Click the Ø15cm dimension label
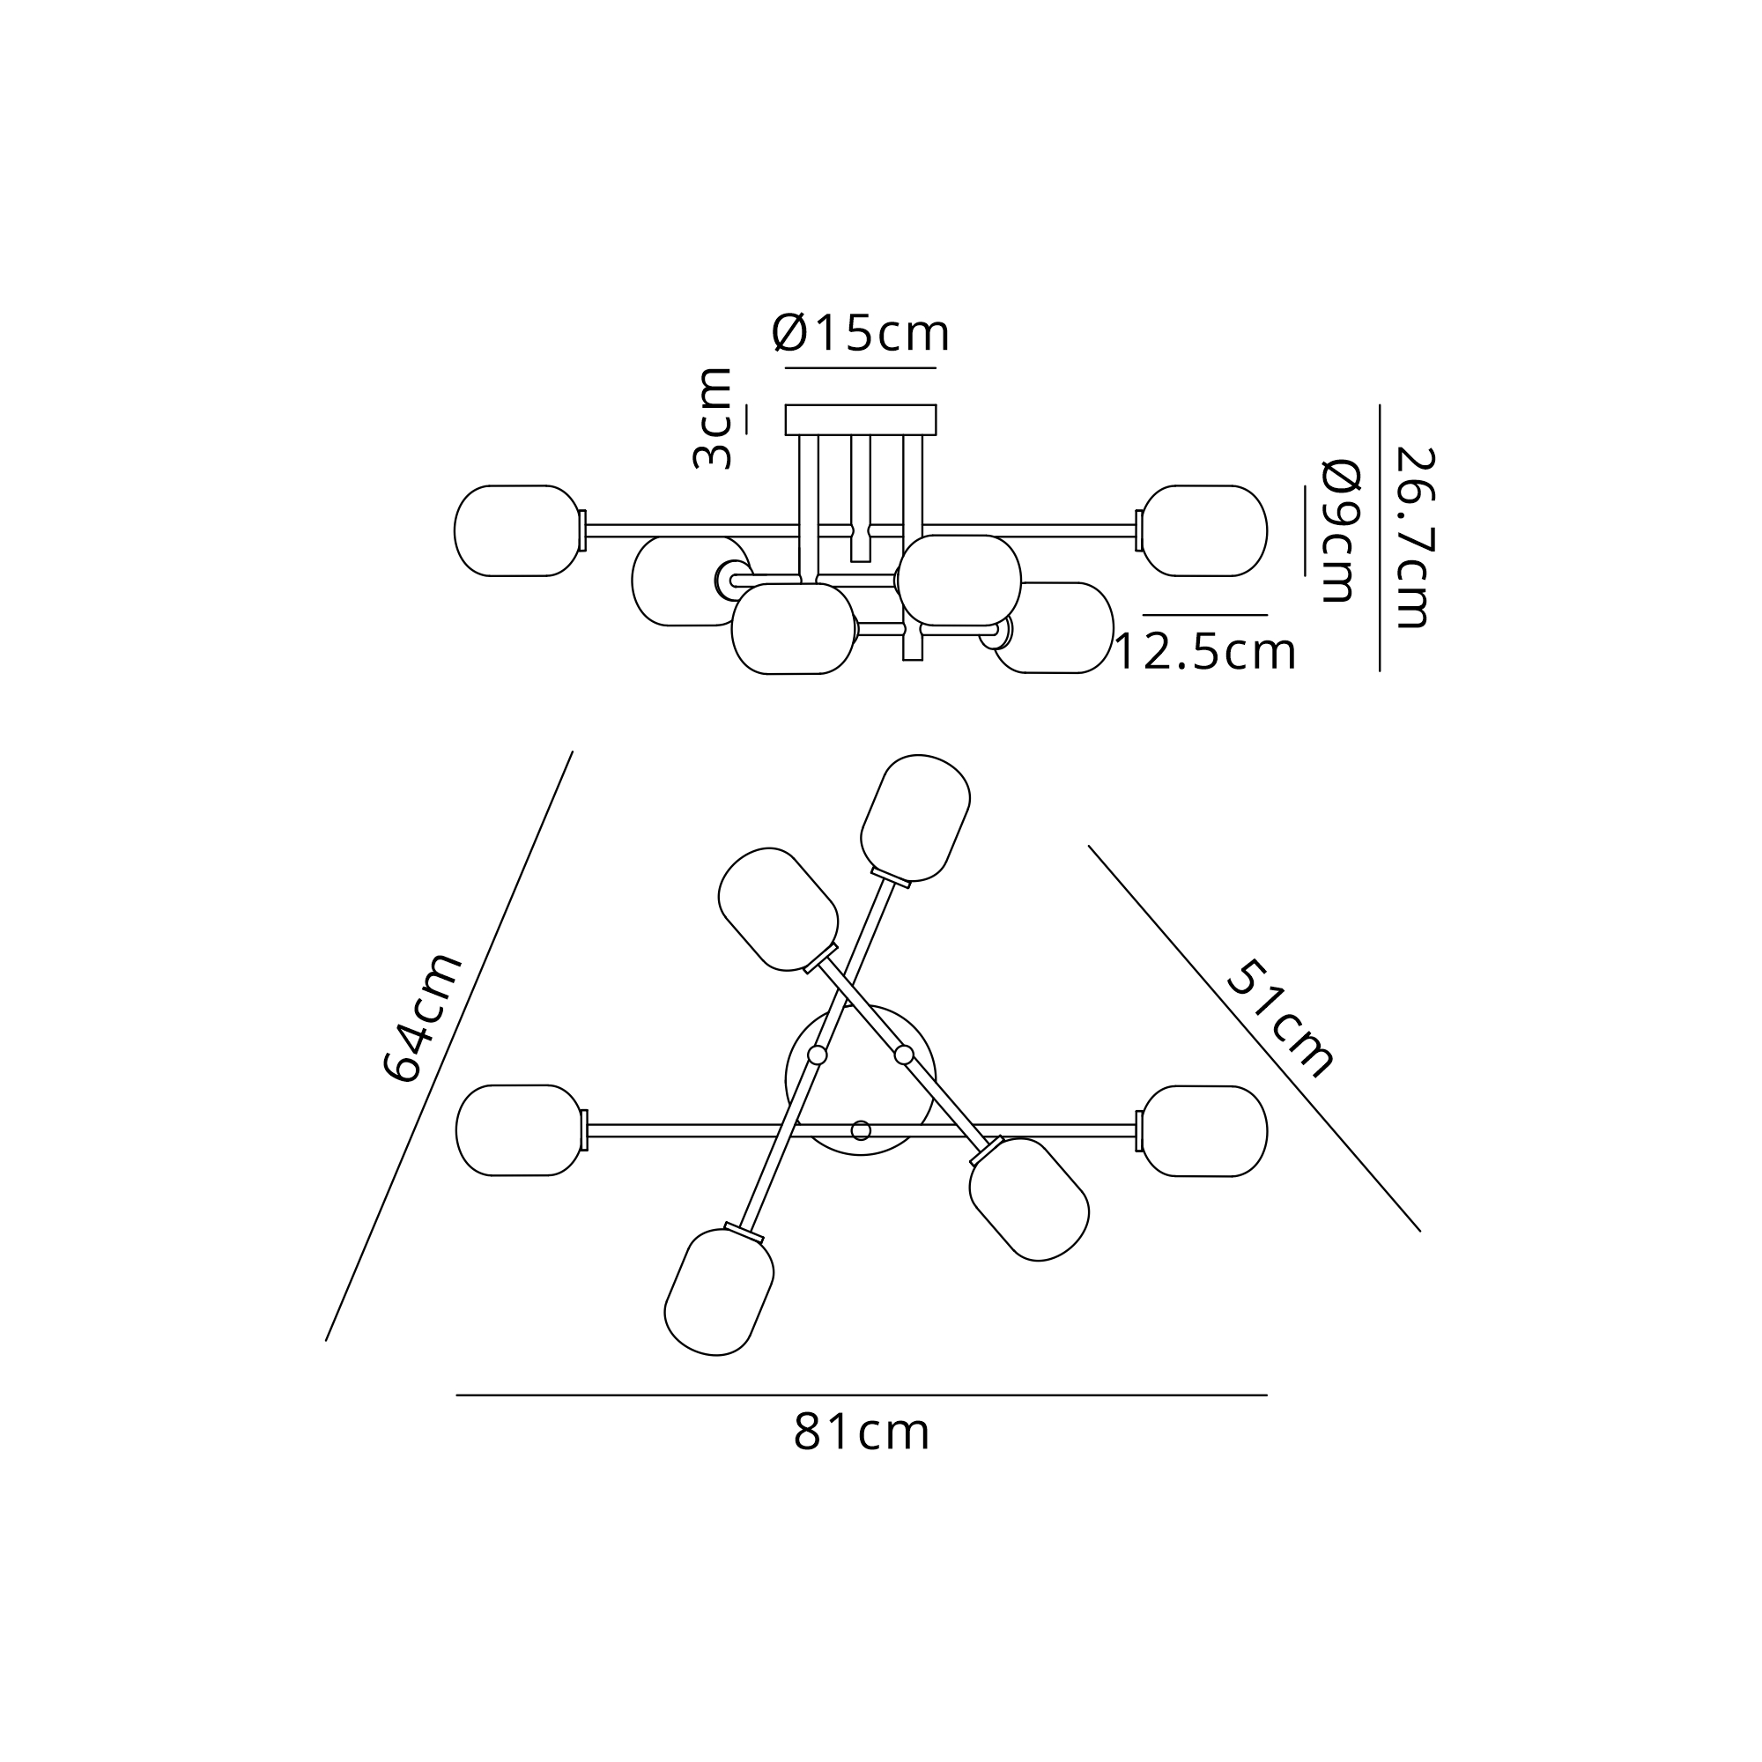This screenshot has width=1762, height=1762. pos(861,333)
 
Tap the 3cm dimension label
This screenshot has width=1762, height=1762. pos(712,418)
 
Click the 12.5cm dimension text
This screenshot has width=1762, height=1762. pos(1204,653)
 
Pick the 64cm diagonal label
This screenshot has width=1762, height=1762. pos(422,1018)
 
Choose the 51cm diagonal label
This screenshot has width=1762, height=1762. pos(1280,1018)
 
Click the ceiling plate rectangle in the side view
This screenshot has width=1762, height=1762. pos(861,419)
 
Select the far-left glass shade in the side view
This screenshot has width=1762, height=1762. pos(518,530)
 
